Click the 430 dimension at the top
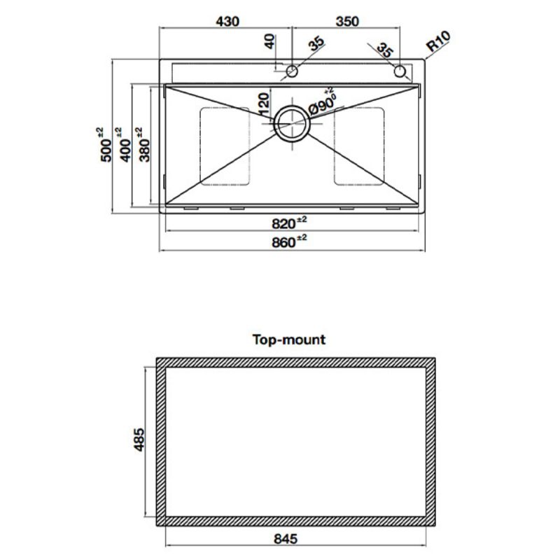(227, 21)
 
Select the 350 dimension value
(347, 21)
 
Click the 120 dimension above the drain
(263, 104)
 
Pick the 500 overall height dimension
(106, 145)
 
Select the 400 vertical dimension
(125, 145)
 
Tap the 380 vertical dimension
(144, 145)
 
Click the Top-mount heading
(288, 340)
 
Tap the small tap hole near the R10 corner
(400, 71)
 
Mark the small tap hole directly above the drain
(292, 71)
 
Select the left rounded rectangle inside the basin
(225, 146)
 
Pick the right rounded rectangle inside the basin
(360, 146)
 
